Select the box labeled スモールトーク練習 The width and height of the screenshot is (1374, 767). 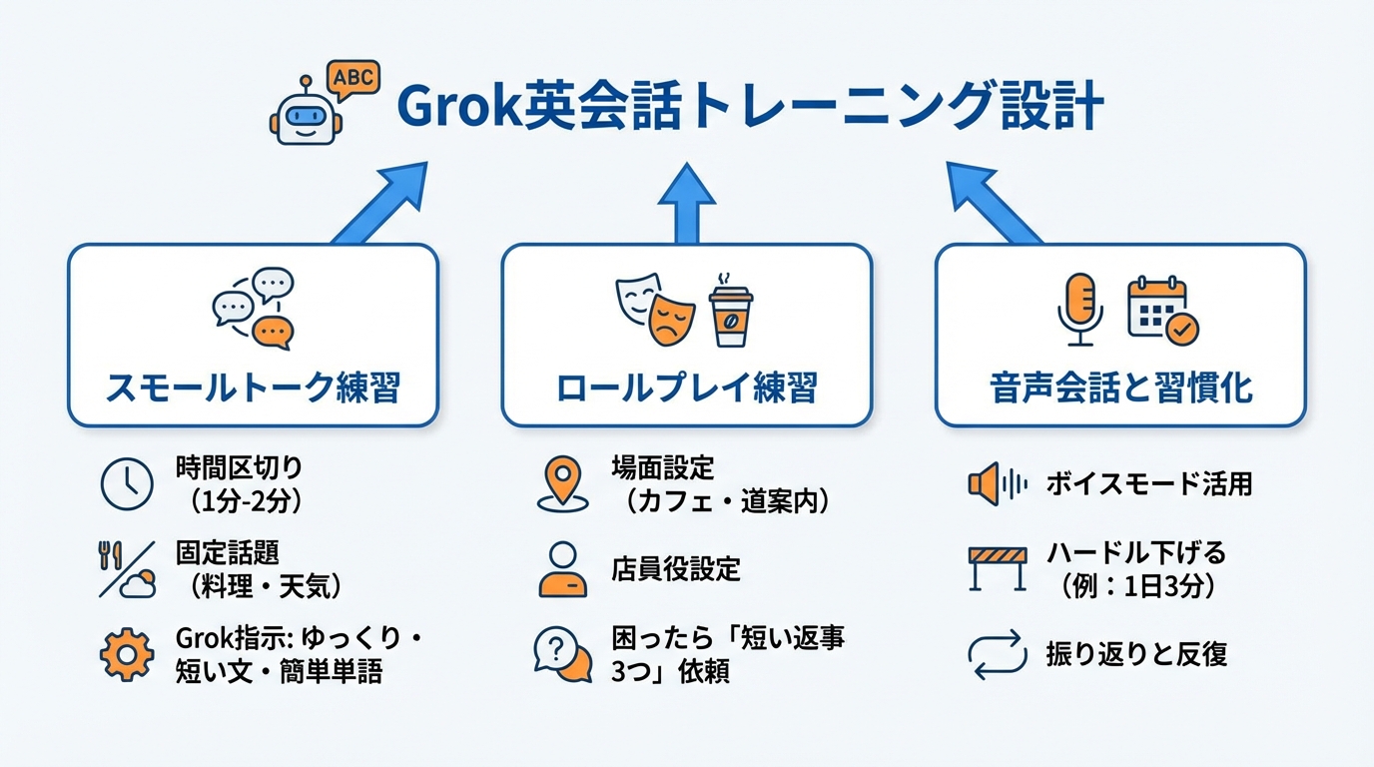pyautogui.click(x=253, y=335)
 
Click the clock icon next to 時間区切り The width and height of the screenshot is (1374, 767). pyautogui.click(x=127, y=483)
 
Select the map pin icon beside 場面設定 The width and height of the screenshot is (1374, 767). pyautogui.click(x=562, y=482)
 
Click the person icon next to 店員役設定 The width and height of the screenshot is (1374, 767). pyautogui.click(x=562, y=569)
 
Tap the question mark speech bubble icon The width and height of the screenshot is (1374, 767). pyautogui.click(x=562, y=653)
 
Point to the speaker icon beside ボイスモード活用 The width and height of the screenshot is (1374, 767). pyautogui.click(x=997, y=485)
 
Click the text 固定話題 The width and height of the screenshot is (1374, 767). pyautogui.click(x=227, y=552)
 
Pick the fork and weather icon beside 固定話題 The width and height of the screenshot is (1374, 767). pyautogui.click(x=126, y=568)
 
